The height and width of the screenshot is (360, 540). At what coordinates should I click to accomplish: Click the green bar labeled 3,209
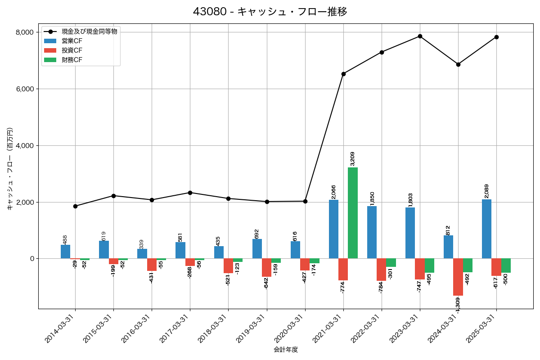coord(353,213)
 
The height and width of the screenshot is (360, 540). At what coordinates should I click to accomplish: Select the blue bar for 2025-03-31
coord(486,229)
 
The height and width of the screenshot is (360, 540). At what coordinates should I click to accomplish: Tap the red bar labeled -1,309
coord(458,277)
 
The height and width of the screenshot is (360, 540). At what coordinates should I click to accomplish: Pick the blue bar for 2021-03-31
coord(333,229)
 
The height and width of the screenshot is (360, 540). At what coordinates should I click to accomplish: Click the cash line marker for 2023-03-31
coord(420,36)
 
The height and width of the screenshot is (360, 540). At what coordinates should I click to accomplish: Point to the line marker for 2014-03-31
coord(75,206)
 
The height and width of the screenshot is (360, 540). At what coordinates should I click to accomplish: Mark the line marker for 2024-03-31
coord(458,64)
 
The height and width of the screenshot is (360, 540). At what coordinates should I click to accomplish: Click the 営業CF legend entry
coord(72,41)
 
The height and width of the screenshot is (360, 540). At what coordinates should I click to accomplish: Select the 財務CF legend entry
coord(72,59)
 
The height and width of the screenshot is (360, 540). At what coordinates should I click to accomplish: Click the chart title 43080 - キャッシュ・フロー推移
coord(270,11)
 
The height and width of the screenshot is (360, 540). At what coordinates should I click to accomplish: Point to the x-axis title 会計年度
coord(286,350)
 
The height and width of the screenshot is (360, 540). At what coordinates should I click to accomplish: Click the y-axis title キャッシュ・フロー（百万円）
coord(10,169)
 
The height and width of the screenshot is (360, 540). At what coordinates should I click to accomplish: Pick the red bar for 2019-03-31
coord(266,268)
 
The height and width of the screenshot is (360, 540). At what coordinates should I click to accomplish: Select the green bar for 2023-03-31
coord(429,265)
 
